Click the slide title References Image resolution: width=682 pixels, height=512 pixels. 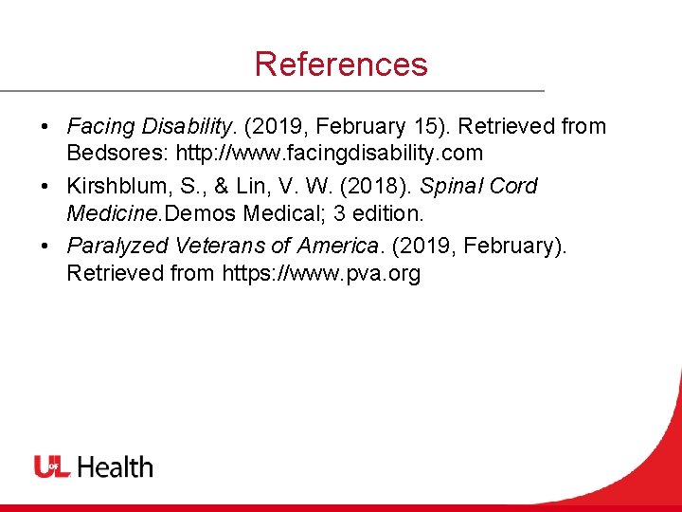[x=341, y=64]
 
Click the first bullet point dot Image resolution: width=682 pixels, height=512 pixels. [x=45, y=127]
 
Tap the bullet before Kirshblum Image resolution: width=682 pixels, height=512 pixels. [x=45, y=187]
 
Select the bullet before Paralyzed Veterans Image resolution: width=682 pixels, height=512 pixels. [x=45, y=247]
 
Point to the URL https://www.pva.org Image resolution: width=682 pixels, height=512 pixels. [x=321, y=274]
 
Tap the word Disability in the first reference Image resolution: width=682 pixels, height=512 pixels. [x=187, y=126]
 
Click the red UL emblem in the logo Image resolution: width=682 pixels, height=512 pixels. [x=52, y=466]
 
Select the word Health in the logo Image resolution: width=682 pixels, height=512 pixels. [x=115, y=466]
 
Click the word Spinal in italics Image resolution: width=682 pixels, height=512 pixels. [x=452, y=187]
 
